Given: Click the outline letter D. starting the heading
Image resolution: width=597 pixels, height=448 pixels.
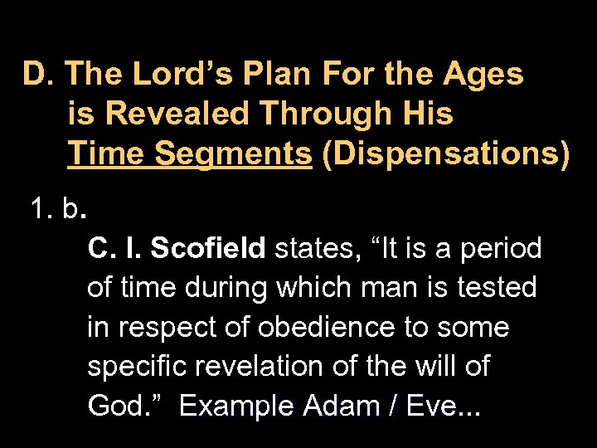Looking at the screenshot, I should [x=38, y=74].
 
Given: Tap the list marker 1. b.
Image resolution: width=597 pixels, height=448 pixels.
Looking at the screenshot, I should [x=57, y=210].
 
